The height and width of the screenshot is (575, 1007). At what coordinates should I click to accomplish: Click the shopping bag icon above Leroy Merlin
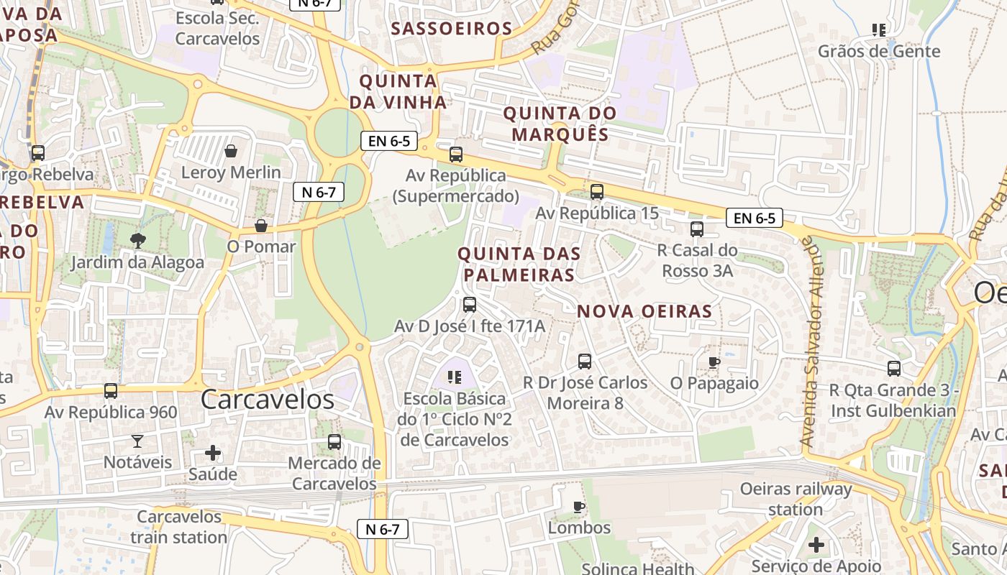click(231, 151)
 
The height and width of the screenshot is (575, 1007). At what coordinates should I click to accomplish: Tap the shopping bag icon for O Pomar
click(261, 226)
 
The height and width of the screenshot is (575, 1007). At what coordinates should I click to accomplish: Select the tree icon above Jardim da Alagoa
click(137, 241)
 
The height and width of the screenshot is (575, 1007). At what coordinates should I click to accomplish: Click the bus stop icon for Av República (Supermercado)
click(455, 154)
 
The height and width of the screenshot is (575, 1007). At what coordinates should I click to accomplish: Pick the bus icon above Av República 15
click(597, 192)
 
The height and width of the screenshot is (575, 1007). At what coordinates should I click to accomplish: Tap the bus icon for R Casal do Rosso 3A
click(696, 229)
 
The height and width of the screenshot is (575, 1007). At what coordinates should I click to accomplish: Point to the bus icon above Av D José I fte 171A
click(470, 304)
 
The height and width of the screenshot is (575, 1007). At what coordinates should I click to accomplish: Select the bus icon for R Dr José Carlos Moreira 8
click(585, 361)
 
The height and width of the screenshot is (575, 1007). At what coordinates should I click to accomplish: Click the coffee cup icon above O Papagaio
click(714, 362)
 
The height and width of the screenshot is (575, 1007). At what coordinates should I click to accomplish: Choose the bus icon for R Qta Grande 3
click(894, 368)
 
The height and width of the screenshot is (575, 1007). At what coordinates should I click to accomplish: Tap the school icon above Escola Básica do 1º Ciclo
click(454, 376)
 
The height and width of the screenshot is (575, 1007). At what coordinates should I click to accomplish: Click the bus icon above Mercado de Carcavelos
click(334, 441)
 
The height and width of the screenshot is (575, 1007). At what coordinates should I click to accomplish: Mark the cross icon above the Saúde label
click(213, 453)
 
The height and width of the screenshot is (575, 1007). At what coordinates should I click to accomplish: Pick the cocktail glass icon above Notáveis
click(137, 441)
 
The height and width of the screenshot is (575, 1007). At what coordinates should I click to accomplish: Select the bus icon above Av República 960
click(110, 390)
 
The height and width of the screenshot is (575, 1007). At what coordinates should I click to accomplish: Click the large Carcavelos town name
click(268, 400)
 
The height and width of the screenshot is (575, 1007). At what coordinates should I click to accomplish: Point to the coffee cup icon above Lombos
click(579, 507)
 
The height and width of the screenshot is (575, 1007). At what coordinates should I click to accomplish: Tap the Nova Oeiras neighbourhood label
click(644, 311)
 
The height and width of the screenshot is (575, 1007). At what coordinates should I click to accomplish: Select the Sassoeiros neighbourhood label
click(451, 29)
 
